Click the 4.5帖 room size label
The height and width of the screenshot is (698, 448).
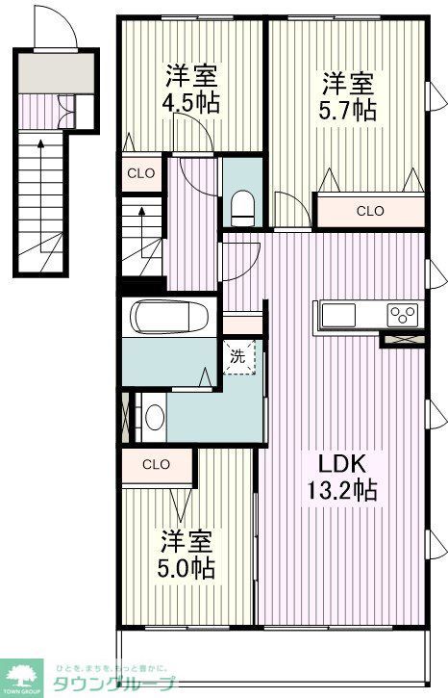191,102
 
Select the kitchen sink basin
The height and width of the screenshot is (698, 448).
337,316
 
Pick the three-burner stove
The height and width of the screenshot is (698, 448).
403,315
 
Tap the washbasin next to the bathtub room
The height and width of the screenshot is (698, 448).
155,417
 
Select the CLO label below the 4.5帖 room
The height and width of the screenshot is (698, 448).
141,174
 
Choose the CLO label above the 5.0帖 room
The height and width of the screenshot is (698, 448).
156,464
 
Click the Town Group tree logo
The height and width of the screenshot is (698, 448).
23,675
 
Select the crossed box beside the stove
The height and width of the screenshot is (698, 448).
403,337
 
